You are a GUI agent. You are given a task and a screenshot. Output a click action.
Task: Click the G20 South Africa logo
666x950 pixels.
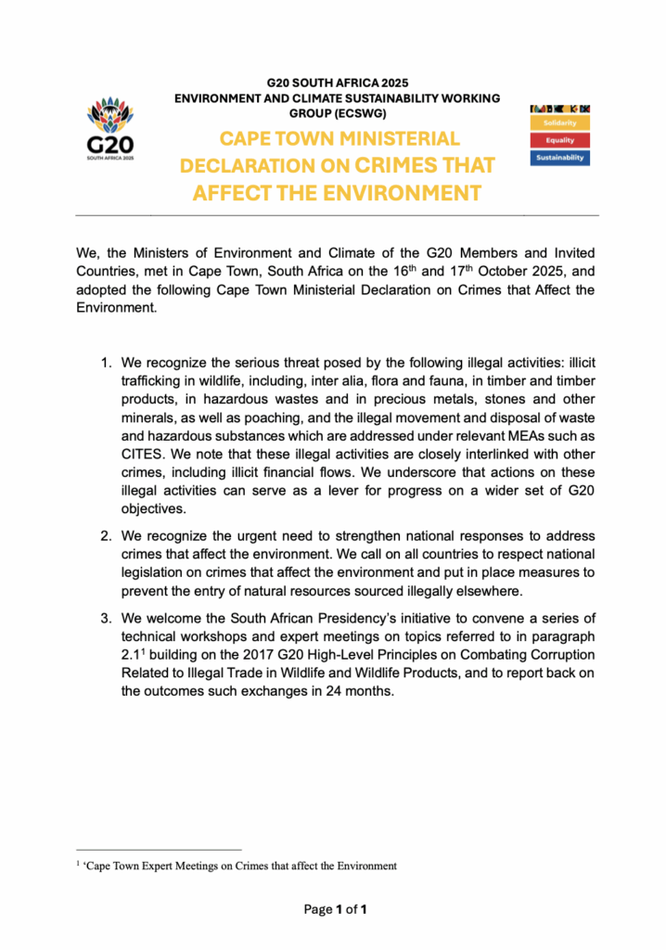(x=110, y=133)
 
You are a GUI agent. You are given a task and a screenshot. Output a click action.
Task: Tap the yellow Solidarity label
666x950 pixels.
(x=559, y=122)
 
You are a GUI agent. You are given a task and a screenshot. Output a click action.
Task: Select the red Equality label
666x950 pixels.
(x=559, y=140)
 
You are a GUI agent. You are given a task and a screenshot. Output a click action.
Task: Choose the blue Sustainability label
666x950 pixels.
(x=559, y=158)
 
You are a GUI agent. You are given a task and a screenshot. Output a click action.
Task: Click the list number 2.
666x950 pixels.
(x=107, y=536)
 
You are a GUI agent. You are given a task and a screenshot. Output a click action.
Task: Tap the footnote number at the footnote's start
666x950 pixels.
(x=78, y=864)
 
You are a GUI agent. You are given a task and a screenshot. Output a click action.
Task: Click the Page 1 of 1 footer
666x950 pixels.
(x=336, y=909)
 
